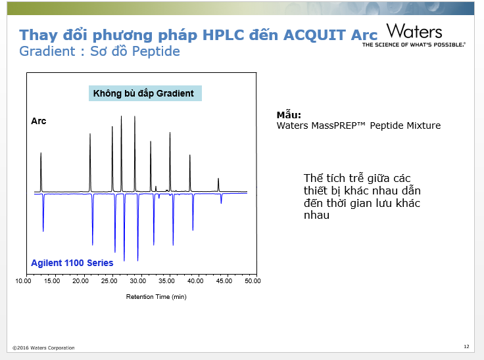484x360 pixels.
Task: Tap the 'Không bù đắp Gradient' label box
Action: (145, 93)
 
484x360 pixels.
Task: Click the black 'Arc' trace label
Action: (39, 121)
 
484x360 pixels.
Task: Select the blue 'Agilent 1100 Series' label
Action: (72, 263)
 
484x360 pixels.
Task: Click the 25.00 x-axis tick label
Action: (109, 281)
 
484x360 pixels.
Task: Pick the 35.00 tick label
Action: (166, 281)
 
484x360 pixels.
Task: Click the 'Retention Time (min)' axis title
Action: (157, 297)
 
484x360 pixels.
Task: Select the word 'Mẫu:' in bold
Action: (289, 114)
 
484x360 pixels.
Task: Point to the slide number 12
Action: (466, 346)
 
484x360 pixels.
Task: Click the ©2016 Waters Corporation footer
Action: (43, 348)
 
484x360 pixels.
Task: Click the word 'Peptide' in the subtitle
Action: (156, 51)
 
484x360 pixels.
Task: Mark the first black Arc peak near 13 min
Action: (41, 172)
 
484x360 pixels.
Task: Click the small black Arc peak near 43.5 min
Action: (218, 185)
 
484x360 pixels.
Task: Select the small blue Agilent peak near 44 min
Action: (221, 198)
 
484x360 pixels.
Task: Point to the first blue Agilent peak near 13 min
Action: (43, 213)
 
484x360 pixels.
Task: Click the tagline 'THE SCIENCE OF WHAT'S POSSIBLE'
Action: (414, 45)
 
